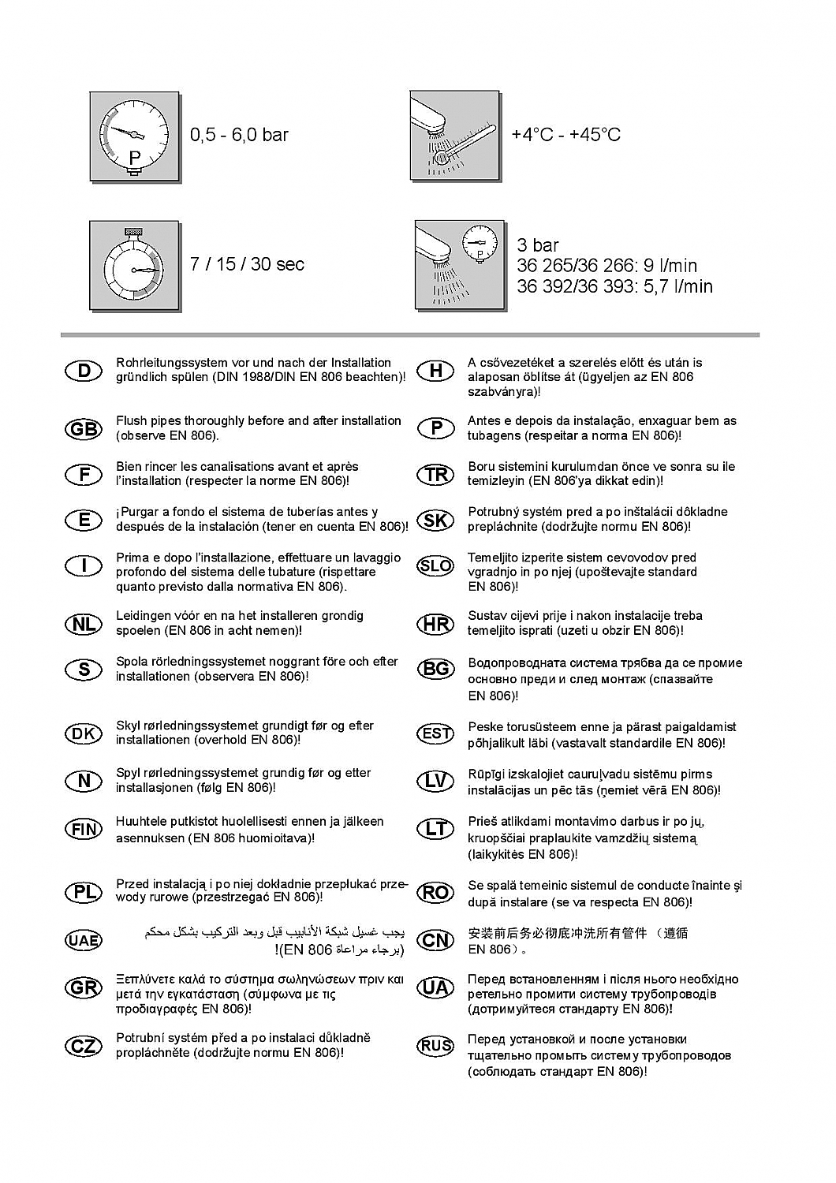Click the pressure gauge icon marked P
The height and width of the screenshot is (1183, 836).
pyautogui.click(x=135, y=138)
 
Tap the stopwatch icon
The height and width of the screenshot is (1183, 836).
pyautogui.click(x=135, y=266)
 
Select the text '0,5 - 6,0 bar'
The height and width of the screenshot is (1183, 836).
pyautogui.click(x=239, y=135)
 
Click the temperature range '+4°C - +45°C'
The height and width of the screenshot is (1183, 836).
pyautogui.click(x=565, y=135)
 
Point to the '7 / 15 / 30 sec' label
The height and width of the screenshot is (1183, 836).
pyautogui.click(x=247, y=264)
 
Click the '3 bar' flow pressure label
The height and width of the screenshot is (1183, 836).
pyautogui.click(x=538, y=245)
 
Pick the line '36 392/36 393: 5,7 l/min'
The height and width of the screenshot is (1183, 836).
pyautogui.click(x=614, y=286)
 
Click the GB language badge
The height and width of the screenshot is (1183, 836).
pyautogui.click(x=84, y=429)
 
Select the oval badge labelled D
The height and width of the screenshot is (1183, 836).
pyautogui.click(x=84, y=371)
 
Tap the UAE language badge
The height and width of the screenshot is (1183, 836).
pyautogui.click(x=83, y=940)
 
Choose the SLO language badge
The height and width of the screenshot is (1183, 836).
pyautogui.click(x=435, y=565)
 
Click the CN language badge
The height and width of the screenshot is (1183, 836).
pyautogui.click(x=435, y=940)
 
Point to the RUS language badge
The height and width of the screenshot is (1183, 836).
pyautogui.click(x=435, y=1047)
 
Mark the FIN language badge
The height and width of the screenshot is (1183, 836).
pyautogui.click(x=84, y=829)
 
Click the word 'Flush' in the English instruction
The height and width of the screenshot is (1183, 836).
pyautogui.click(x=131, y=421)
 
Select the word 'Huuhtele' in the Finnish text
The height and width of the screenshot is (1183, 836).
pyautogui.click(x=140, y=822)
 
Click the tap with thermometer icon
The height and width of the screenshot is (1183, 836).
pyautogui.click(x=455, y=136)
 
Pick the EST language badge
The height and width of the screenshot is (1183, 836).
pyautogui.click(x=435, y=733)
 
